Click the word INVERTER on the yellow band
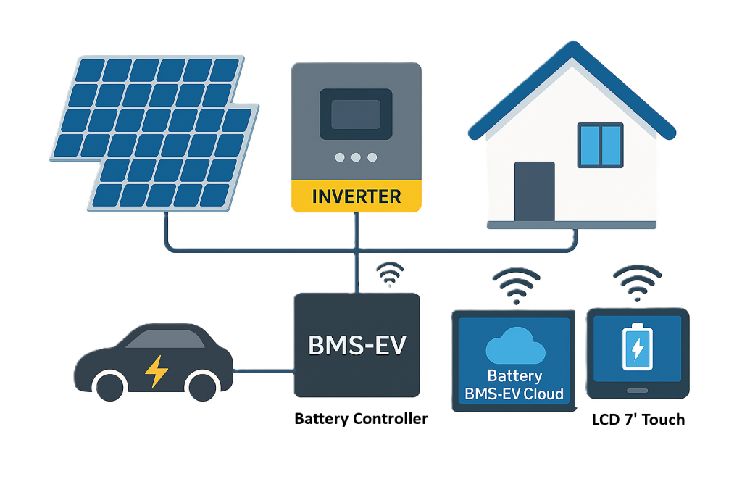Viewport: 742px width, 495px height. [356, 196]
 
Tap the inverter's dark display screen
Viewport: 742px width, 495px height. [356, 115]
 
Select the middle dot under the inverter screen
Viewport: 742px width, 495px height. [356, 157]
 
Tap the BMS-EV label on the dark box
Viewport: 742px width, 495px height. [357, 345]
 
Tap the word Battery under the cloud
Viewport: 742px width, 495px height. [514, 376]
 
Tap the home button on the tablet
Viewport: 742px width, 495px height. [638, 391]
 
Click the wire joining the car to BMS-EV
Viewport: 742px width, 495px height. [263, 372]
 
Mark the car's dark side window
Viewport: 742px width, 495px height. [163, 338]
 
